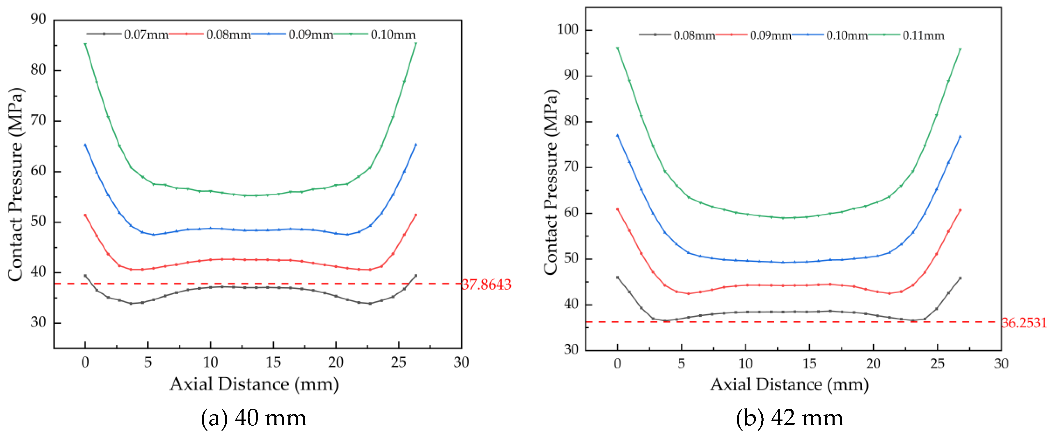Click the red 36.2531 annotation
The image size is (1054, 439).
pyautogui.click(x=1024, y=323)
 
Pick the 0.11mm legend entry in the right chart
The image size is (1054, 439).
pyautogui.click(x=923, y=35)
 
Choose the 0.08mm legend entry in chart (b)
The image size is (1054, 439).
pyautogui.click(x=694, y=35)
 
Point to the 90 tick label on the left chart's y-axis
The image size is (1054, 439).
pyautogui.click(x=38, y=19)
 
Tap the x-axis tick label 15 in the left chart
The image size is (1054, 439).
pyautogui.click(x=273, y=362)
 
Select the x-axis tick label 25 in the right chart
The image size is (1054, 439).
pyautogui.click(x=937, y=363)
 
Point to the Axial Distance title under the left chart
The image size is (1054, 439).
pyautogui.click(x=254, y=384)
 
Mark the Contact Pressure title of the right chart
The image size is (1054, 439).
pyautogui.click(x=551, y=182)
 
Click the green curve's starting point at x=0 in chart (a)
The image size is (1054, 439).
pyautogui.click(x=85, y=44)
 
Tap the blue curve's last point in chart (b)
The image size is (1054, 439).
pyautogui.click(x=960, y=137)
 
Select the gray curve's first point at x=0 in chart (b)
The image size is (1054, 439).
pyautogui.click(x=618, y=278)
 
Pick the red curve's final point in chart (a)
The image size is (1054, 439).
pyautogui.click(x=416, y=215)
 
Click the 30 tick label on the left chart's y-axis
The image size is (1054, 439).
pyautogui.click(x=38, y=322)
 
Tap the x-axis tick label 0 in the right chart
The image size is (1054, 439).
pyautogui.click(x=618, y=363)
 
